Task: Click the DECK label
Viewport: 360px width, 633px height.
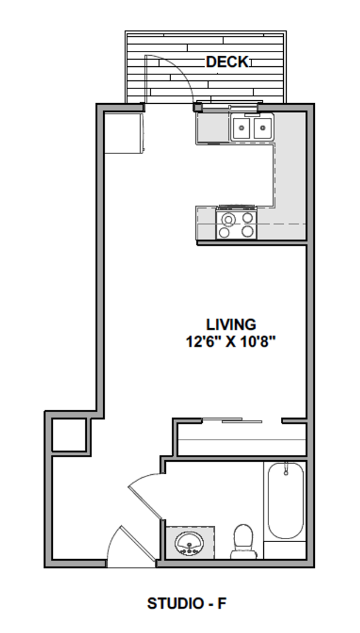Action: [227, 62]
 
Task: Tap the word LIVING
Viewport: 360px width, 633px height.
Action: [231, 324]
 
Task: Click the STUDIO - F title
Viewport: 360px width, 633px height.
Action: [186, 603]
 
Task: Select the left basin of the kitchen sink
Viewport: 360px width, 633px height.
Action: [242, 128]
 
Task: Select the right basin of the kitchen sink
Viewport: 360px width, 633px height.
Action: [262, 128]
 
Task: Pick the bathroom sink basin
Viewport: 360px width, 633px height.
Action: [189, 542]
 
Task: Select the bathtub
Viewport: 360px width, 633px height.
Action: [286, 501]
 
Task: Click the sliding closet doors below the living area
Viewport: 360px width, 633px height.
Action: [232, 420]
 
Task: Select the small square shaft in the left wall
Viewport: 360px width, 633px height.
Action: [69, 434]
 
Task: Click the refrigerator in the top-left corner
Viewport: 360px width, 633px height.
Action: [123, 133]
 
